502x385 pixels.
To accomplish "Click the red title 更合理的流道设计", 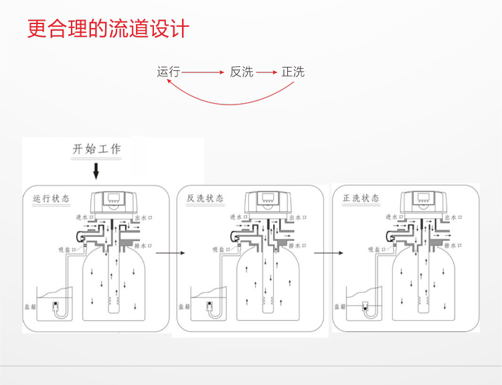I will [108, 29].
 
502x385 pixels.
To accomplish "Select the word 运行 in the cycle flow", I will [168, 72].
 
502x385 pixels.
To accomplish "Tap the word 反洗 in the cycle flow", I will [242, 72].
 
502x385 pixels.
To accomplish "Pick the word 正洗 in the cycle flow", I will [293, 72].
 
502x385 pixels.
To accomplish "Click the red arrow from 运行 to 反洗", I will [202, 72].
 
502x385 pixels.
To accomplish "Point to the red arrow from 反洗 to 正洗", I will [266, 72].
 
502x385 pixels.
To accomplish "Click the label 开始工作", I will [96, 149].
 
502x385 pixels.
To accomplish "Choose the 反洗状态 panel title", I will [205, 199].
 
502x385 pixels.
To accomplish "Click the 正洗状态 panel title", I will [361, 199].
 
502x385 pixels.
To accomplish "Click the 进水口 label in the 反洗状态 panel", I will [239, 218].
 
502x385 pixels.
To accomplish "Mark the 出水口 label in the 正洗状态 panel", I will [453, 218].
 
